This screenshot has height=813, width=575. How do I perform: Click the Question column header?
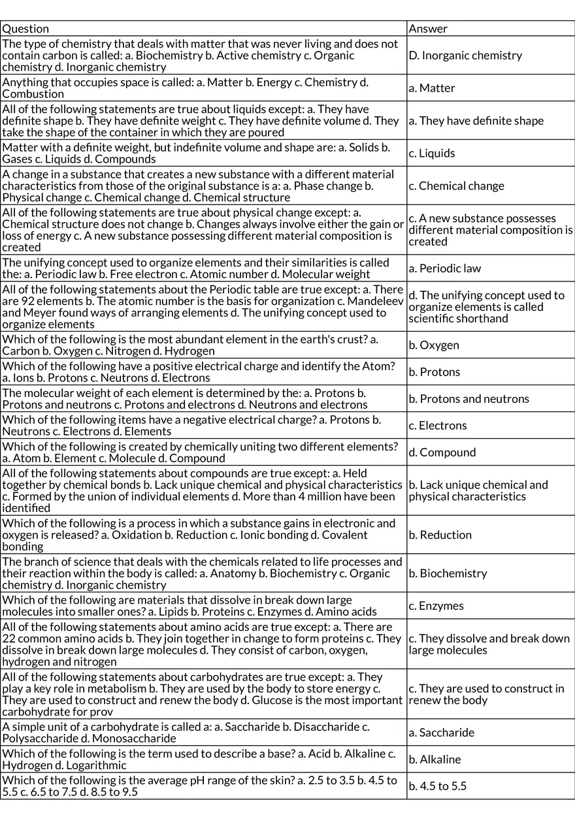pyautogui.click(x=25, y=29)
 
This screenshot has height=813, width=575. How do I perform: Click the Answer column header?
pyautogui.click(x=428, y=29)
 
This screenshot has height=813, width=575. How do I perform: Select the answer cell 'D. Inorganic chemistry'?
pyautogui.click(x=465, y=56)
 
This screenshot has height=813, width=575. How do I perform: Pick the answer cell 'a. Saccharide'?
pyautogui.click(x=442, y=733)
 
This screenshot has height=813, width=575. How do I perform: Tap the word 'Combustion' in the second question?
pyautogui.click(x=33, y=94)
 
